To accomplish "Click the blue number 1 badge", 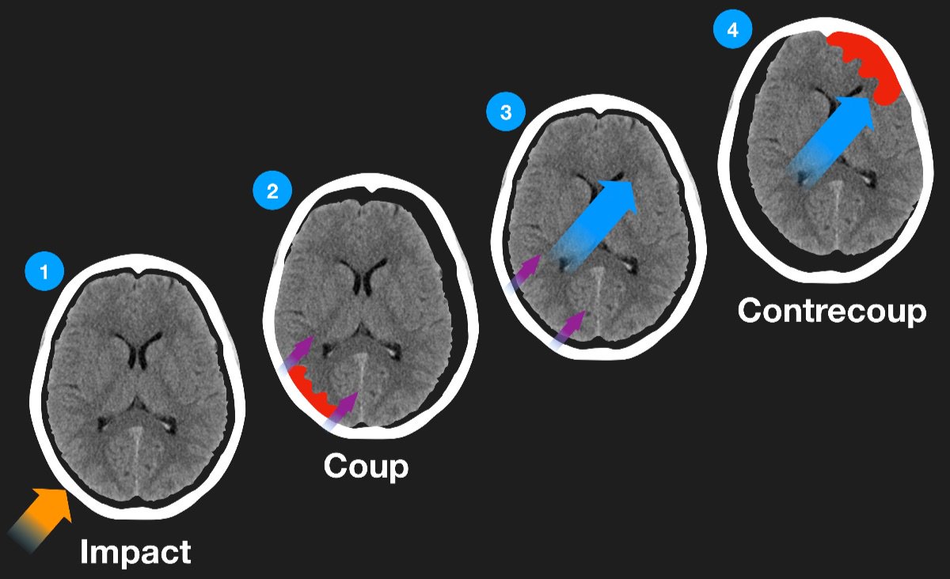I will pos(44,273).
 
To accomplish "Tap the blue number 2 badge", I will pos(272,191).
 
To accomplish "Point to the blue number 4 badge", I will pos(732,31).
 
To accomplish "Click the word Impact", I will pos(135,551).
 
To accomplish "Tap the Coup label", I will pos(366,466).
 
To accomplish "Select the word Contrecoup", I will pos(831,311).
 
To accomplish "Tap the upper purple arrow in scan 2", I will pos(298,355).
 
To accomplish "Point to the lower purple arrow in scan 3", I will pos(568,328).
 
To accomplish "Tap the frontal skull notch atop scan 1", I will pos(139,274).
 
